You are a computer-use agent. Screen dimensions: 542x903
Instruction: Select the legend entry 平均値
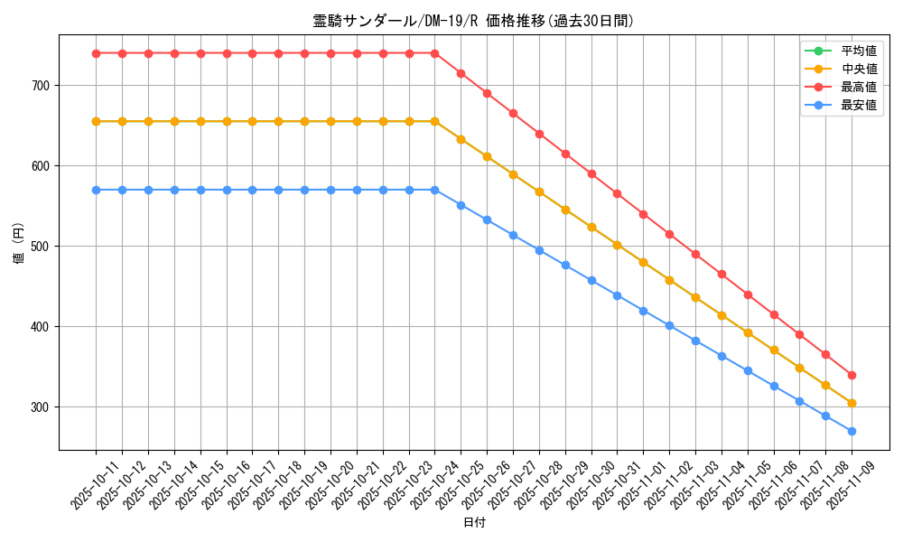point(858,51)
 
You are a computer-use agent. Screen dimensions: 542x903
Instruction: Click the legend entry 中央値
point(858,69)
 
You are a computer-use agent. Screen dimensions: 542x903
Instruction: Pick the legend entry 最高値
point(858,87)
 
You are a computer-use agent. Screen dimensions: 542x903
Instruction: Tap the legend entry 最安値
point(858,105)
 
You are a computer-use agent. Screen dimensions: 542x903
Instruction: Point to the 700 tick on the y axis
point(41,86)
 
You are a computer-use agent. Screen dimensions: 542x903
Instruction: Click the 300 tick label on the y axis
point(41,407)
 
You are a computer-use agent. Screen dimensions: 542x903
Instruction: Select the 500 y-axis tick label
point(41,247)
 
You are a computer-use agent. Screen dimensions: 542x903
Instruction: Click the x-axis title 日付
point(473,523)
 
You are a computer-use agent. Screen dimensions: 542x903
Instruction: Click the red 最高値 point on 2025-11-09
point(852,375)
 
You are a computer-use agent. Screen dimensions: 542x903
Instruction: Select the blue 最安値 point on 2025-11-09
point(852,431)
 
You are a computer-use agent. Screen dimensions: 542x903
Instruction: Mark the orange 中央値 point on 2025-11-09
point(852,403)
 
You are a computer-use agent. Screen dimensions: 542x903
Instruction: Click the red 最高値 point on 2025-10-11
point(96,53)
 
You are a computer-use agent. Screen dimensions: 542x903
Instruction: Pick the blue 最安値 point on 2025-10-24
point(435,190)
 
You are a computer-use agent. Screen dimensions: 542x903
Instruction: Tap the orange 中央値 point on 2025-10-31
point(618,245)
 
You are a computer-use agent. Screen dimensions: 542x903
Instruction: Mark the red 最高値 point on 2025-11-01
point(643,214)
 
